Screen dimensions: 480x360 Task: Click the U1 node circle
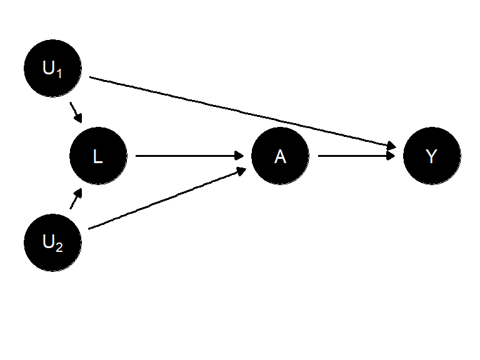(52, 68)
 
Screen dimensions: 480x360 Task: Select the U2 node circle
(52, 242)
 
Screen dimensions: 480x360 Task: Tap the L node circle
(98, 156)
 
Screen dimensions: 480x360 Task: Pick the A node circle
(280, 156)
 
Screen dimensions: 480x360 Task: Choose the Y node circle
(432, 156)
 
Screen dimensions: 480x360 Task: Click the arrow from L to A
(189, 156)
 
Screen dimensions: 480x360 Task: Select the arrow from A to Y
(357, 156)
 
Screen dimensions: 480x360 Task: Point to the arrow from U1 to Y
(242, 112)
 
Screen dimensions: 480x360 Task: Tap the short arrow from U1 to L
(76, 112)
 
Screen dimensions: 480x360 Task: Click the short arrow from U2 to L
(76, 199)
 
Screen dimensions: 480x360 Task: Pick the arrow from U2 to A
(167, 200)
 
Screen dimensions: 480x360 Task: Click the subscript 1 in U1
(59, 74)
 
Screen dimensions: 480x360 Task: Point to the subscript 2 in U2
(59, 247)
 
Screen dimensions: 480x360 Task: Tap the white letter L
(98, 156)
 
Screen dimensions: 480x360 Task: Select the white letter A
(280, 156)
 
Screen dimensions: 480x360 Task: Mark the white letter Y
(431, 156)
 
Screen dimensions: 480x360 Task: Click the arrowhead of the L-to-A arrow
(239, 156)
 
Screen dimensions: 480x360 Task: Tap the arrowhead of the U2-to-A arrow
(242, 171)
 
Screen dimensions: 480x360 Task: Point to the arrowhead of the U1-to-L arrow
(79, 118)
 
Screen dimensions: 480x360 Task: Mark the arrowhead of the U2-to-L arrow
(78, 193)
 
